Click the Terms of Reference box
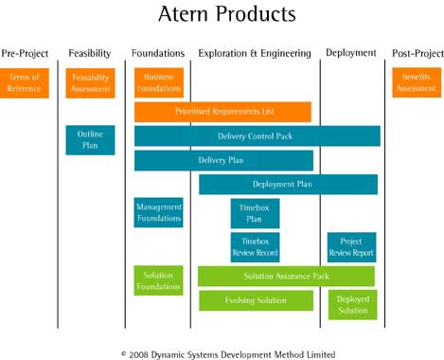pyautogui.click(x=25, y=82)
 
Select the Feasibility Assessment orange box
pyautogui.click(x=90, y=82)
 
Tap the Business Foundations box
pyautogui.click(x=158, y=82)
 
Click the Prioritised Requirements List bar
pyautogui.click(x=222, y=112)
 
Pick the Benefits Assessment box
pyautogui.click(x=416, y=82)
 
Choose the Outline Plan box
pyautogui.click(x=90, y=140)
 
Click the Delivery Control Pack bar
pyautogui.click(x=257, y=136)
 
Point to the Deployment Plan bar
pyautogui.click(x=288, y=184)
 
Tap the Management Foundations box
pyautogui.click(x=158, y=212)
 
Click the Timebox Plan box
pyautogui.click(x=255, y=213)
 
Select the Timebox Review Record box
pyautogui.click(x=255, y=246)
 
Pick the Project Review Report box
pyautogui.click(x=351, y=246)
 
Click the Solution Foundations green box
pyautogui.click(x=158, y=280)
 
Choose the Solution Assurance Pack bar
pyautogui.click(x=286, y=276)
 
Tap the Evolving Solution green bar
pyautogui.click(x=256, y=300)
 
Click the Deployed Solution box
pyautogui.click(x=351, y=304)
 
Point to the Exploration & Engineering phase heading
pyautogui.click(x=255, y=53)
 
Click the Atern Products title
pyautogui.click(x=226, y=15)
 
